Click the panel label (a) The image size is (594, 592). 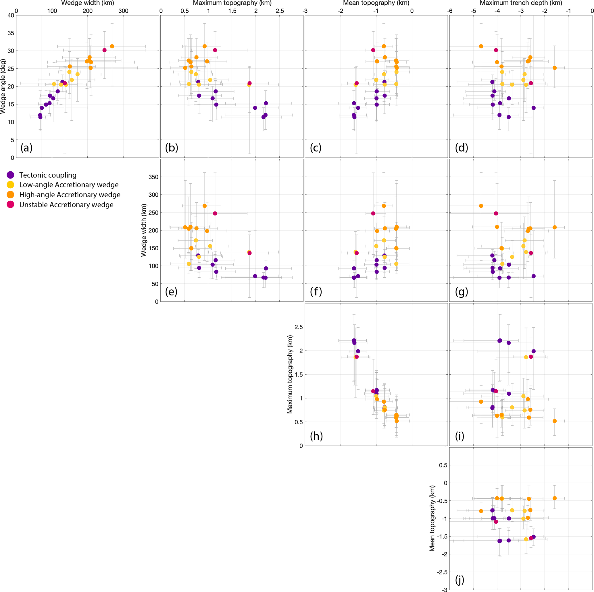pyautogui.click(x=26, y=148)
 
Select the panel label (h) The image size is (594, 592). pyautogui.click(x=316, y=436)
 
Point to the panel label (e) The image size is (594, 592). pyautogui.click(x=171, y=291)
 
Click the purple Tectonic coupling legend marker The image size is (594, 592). pyautogui.click(x=10, y=175)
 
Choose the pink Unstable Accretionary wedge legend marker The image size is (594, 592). pyautogui.click(x=10, y=205)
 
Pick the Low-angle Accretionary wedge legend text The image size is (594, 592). pyautogui.click(x=69, y=185)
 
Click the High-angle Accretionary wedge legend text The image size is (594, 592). pyautogui.click(x=70, y=195)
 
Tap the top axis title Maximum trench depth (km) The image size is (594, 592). pyautogui.click(x=521, y=3)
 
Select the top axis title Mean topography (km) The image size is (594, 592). pyautogui.click(x=376, y=3)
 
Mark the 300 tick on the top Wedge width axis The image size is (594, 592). pyautogui.click(x=124, y=11)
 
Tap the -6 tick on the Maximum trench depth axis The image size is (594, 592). pyautogui.click(x=450, y=11)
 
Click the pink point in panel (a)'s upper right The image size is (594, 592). pyautogui.click(x=105, y=50)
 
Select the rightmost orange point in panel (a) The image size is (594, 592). pyautogui.click(x=112, y=47)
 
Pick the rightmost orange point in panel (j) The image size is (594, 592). pyautogui.click(x=555, y=498)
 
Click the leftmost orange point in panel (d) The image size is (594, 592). pyautogui.click(x=481, y=47)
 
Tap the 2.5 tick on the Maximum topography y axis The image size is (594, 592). pyautogui.click(x=299, y=327)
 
